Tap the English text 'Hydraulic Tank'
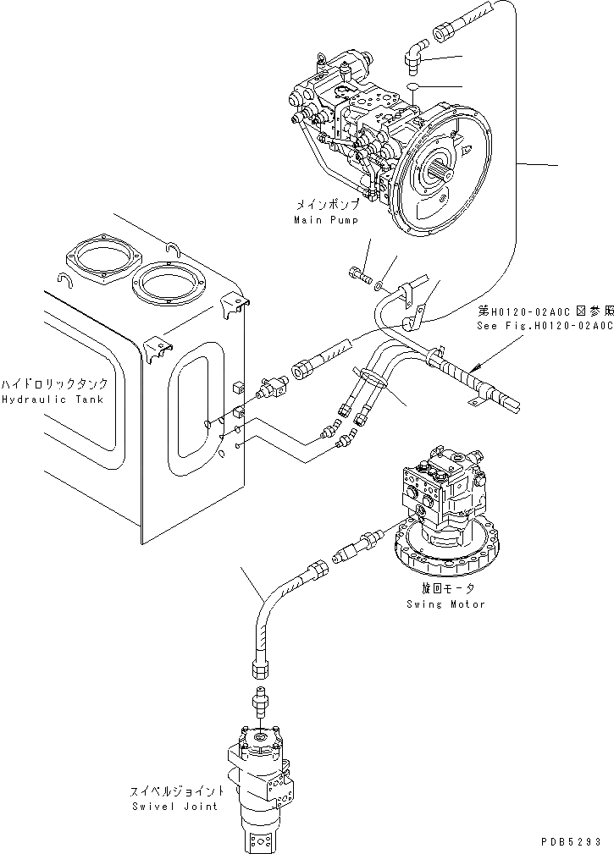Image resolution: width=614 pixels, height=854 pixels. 52,399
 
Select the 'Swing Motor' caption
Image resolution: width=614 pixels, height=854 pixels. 445,604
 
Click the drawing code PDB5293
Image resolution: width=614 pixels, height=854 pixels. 573,843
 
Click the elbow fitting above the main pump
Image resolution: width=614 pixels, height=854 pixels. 415,58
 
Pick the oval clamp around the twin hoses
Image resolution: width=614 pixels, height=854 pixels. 371,377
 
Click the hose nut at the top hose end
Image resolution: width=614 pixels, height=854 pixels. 445,35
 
